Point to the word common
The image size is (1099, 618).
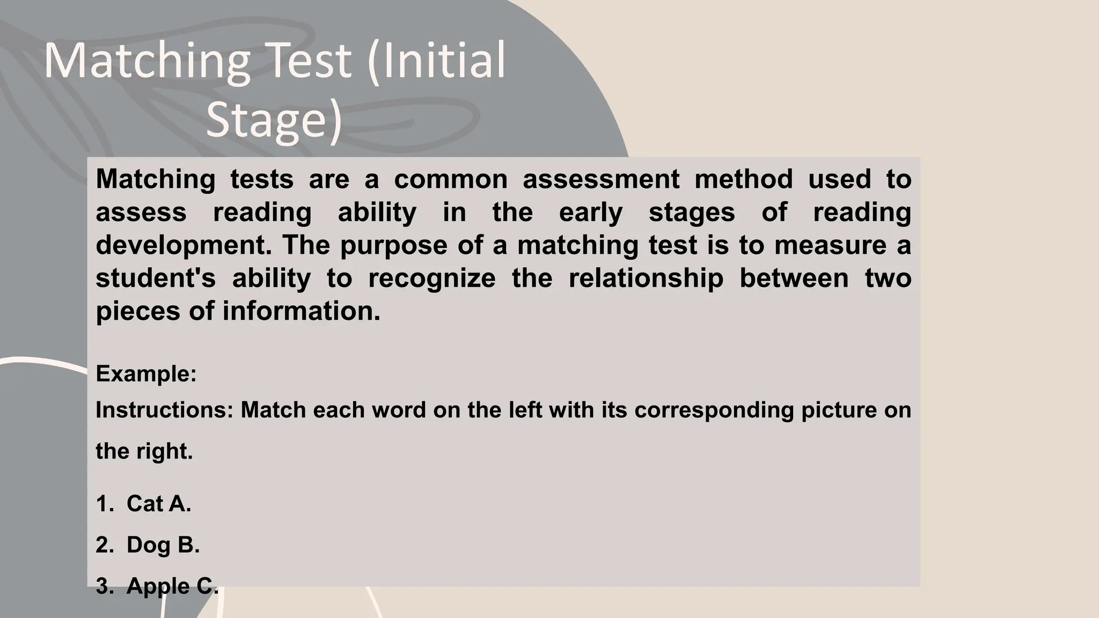coord(451,179)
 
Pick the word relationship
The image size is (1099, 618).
coord(646,278)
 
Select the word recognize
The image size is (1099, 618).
coord(431,278)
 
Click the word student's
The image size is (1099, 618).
coord(156,278)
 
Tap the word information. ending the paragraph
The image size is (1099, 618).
coord(301,311)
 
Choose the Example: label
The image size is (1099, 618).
coord(146,374)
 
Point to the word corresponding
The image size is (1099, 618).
coord(714,410)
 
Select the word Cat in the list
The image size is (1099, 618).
coord(145,503)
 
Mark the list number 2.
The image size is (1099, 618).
coord(104,545)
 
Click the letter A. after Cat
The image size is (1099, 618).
coord(180,503)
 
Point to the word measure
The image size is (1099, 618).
coord(830,245)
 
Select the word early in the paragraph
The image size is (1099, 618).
coord(590,212)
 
